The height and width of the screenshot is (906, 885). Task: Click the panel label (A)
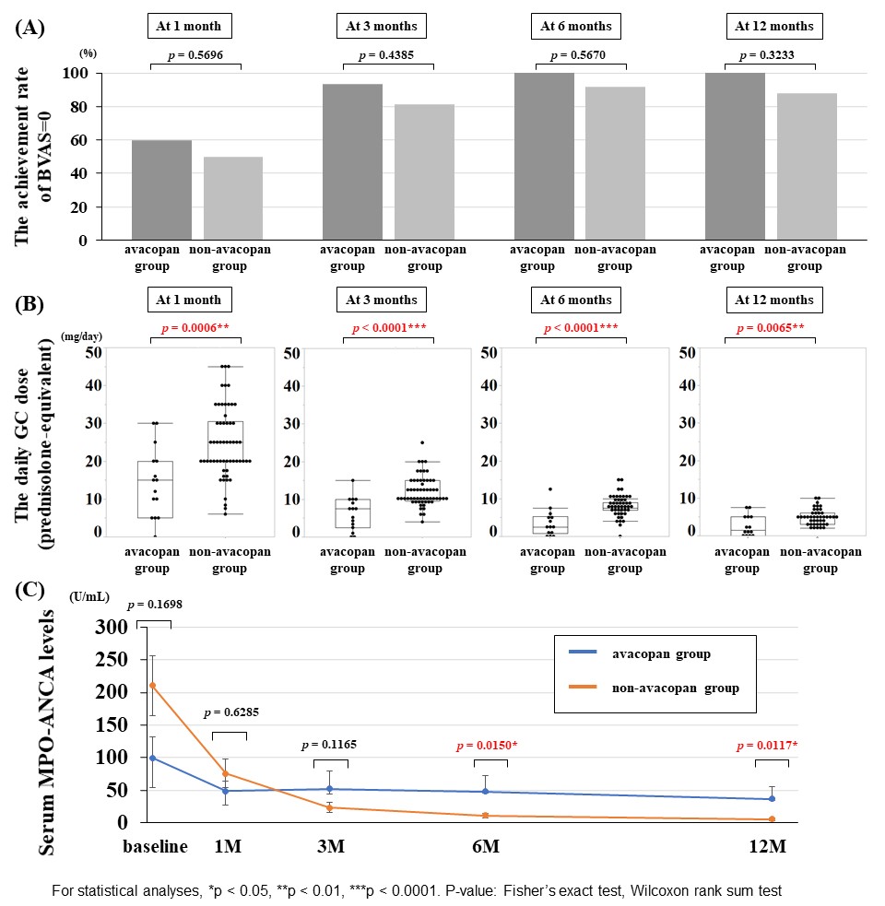[30, 29]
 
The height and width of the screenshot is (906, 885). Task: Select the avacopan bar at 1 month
[161, 190]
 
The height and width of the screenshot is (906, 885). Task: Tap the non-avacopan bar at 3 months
[424, 172]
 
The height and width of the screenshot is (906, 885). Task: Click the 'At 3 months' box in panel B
[382, 300]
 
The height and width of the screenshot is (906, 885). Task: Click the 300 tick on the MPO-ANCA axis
[113, 627]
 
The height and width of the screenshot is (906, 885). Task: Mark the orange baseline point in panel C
[153, 685]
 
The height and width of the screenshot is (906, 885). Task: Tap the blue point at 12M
[772, 798]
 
